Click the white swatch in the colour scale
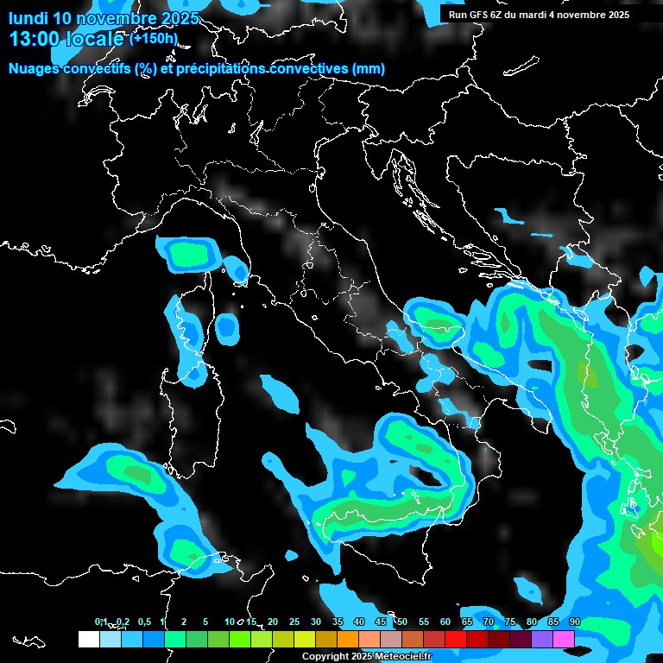pos(89,639)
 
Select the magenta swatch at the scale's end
pos(564,639)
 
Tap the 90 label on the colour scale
pos(575,622)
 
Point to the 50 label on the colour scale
pos(402,622)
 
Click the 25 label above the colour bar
pos(294,622)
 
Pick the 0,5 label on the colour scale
pos(143,622)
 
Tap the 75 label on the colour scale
pos(510,622)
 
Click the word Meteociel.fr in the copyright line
pos(410,657)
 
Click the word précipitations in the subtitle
pos(219,69)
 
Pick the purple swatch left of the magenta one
pos(542,639)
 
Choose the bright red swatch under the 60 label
pos(456,639)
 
